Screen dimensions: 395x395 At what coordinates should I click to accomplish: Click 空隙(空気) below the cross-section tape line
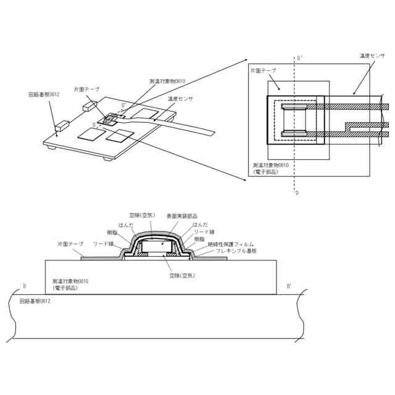click(x=183, y=276)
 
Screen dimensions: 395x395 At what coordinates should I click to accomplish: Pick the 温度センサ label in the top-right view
click(x=372, y=56)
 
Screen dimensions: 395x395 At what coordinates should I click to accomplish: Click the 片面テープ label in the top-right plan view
click(x=263, y=72)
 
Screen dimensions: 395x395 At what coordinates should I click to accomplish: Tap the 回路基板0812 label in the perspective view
click(x=44, y=94)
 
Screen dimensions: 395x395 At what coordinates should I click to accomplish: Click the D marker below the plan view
click(x=297, y=193)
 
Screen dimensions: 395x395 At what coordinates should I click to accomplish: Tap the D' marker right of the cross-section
click(x=290, y=286)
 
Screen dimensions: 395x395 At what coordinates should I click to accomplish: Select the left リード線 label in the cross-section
click(x=103, y=244)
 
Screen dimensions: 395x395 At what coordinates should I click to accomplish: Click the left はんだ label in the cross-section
click(x=125, y=225)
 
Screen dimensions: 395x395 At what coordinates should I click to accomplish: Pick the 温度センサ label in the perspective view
click(x=180, y=99)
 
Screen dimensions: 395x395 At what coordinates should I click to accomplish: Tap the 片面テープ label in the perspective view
click(x=86, y=89)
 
